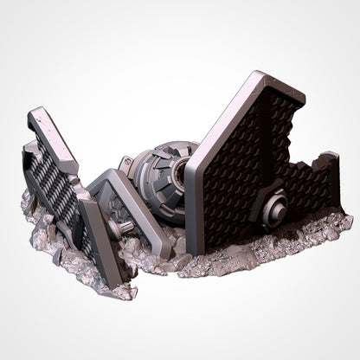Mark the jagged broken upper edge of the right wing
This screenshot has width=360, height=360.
click(x=299, y=130)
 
